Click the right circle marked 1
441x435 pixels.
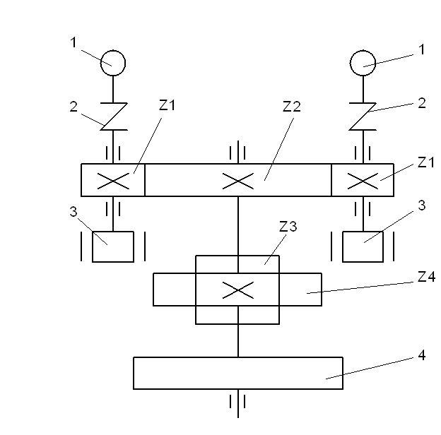(363, 64)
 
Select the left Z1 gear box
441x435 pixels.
(113, 180)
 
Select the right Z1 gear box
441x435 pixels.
(363, 180)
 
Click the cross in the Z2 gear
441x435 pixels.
(238, 180)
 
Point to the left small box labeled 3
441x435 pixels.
(113, 246)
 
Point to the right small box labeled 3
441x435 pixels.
(363, 246)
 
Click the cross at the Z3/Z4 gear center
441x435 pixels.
(238, 290)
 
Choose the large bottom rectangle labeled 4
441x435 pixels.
(238, 373)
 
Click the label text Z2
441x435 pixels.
(291, 107)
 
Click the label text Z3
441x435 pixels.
(288, 227)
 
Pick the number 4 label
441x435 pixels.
(422, 356)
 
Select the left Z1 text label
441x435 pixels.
(167, 106)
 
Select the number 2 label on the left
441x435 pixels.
(73, 107)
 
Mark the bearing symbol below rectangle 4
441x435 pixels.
(238, 402)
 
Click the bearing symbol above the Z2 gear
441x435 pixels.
(238, 151)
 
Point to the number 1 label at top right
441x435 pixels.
(422, 49)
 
